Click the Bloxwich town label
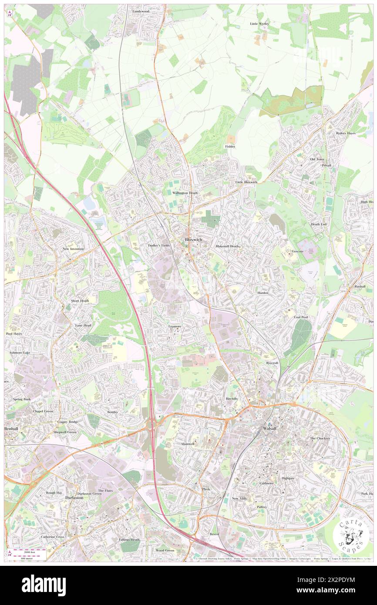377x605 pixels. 193,239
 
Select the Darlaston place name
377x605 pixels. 74,497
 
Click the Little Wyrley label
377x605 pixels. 259,24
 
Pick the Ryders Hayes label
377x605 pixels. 346,133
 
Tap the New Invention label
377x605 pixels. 73,249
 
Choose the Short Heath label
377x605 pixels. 80,301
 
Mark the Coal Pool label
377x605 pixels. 301,317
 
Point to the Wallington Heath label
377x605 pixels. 185,193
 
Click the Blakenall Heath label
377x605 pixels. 228,246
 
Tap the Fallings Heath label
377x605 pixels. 129,540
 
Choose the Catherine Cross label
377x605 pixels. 53,537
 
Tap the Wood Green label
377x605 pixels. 165,550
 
